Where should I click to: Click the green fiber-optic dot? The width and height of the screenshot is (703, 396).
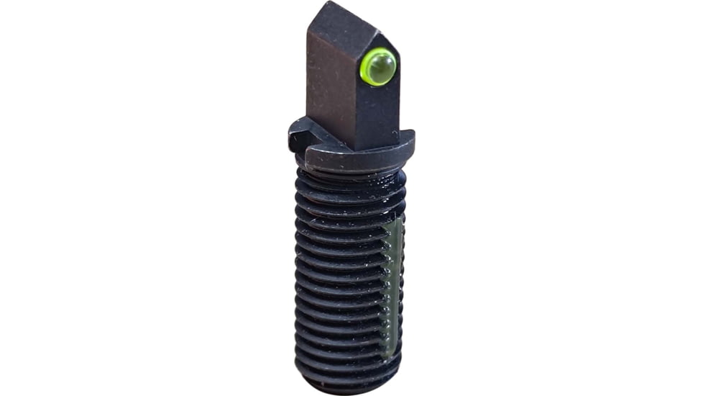tap(379, 67)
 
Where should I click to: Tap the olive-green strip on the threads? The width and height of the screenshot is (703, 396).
tap(393, 288)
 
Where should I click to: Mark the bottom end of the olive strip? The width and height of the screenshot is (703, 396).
tap(391, 353)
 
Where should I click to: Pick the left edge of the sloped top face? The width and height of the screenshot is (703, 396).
tap(311, 29)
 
